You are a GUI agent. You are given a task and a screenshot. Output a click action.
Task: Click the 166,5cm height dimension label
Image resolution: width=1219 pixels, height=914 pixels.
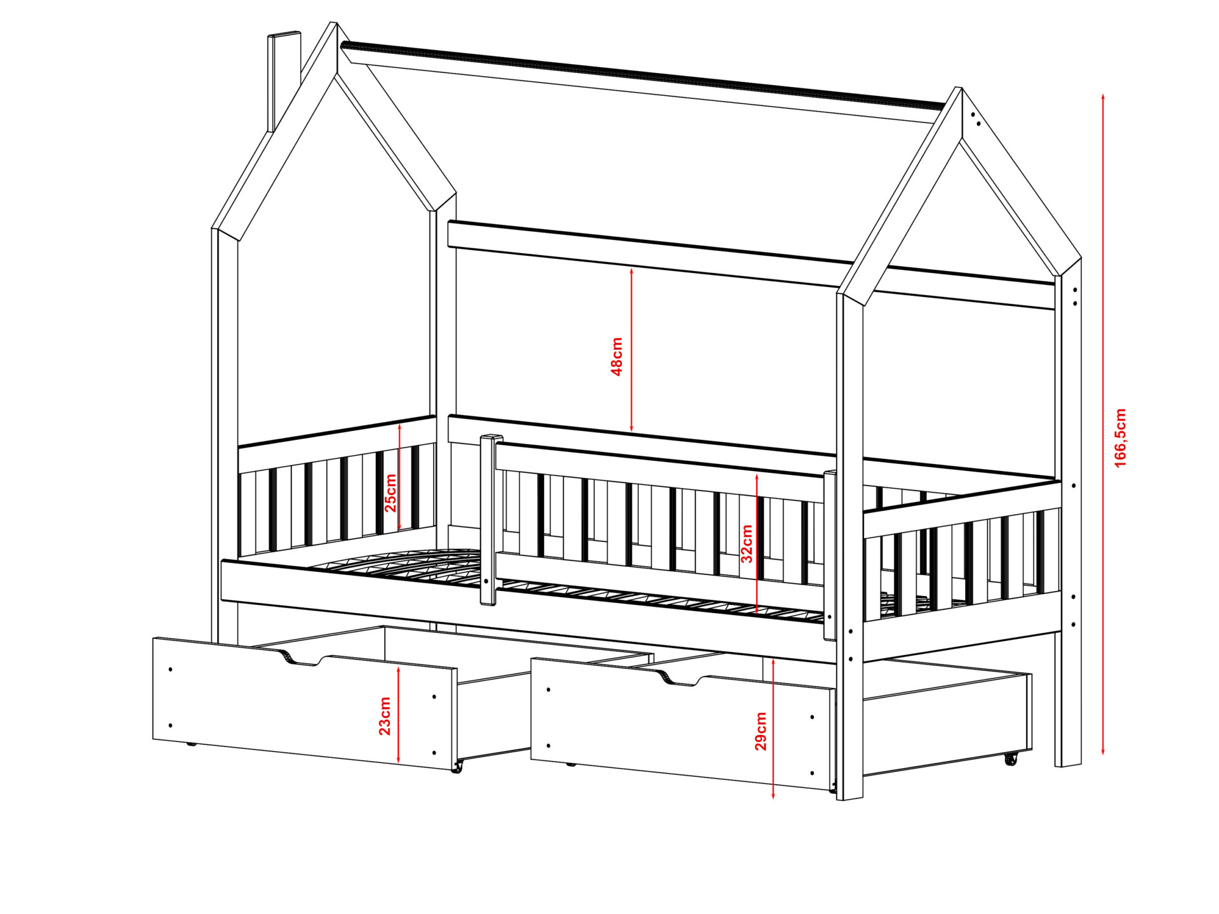(x=1121, y=438)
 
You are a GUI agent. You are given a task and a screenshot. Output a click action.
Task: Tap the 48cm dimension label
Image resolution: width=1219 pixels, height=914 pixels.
(x=616, y=357)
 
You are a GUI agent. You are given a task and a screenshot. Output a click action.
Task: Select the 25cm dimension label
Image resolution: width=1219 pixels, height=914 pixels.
(x=390, y=493)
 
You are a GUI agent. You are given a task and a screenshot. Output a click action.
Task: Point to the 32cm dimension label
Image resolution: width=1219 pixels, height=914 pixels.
(x=747, y=543)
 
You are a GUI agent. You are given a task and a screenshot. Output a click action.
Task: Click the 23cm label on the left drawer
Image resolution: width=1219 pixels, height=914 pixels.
(x=385, y=716)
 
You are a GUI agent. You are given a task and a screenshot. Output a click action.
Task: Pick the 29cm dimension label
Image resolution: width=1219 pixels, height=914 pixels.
(x=761, y=731)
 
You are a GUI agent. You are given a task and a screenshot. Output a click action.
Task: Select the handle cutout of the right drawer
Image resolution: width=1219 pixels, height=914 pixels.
(x=680, y=680)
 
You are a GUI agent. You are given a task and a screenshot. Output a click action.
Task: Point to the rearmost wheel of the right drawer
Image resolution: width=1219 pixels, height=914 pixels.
(x=1011, y=758)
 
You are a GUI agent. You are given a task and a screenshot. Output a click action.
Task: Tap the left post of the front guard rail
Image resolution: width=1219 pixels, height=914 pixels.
(x=489, y=520)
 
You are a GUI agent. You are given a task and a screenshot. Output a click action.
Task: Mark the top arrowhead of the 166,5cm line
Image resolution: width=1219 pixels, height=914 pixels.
(x=1103, y=97)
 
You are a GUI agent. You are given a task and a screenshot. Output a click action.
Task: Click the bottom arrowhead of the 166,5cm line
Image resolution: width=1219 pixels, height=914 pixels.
(x=1103, y=752)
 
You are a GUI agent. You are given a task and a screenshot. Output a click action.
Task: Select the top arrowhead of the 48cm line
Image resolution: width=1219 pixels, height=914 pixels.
(x=631, y=271)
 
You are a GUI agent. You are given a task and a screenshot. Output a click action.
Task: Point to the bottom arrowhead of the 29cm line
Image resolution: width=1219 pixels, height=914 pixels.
(x=773, y=795)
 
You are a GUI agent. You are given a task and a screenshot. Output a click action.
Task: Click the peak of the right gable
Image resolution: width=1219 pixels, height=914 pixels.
(x=961, y=89)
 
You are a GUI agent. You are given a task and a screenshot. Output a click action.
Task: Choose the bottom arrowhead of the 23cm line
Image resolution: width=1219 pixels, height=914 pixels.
(x=398, y=758)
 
